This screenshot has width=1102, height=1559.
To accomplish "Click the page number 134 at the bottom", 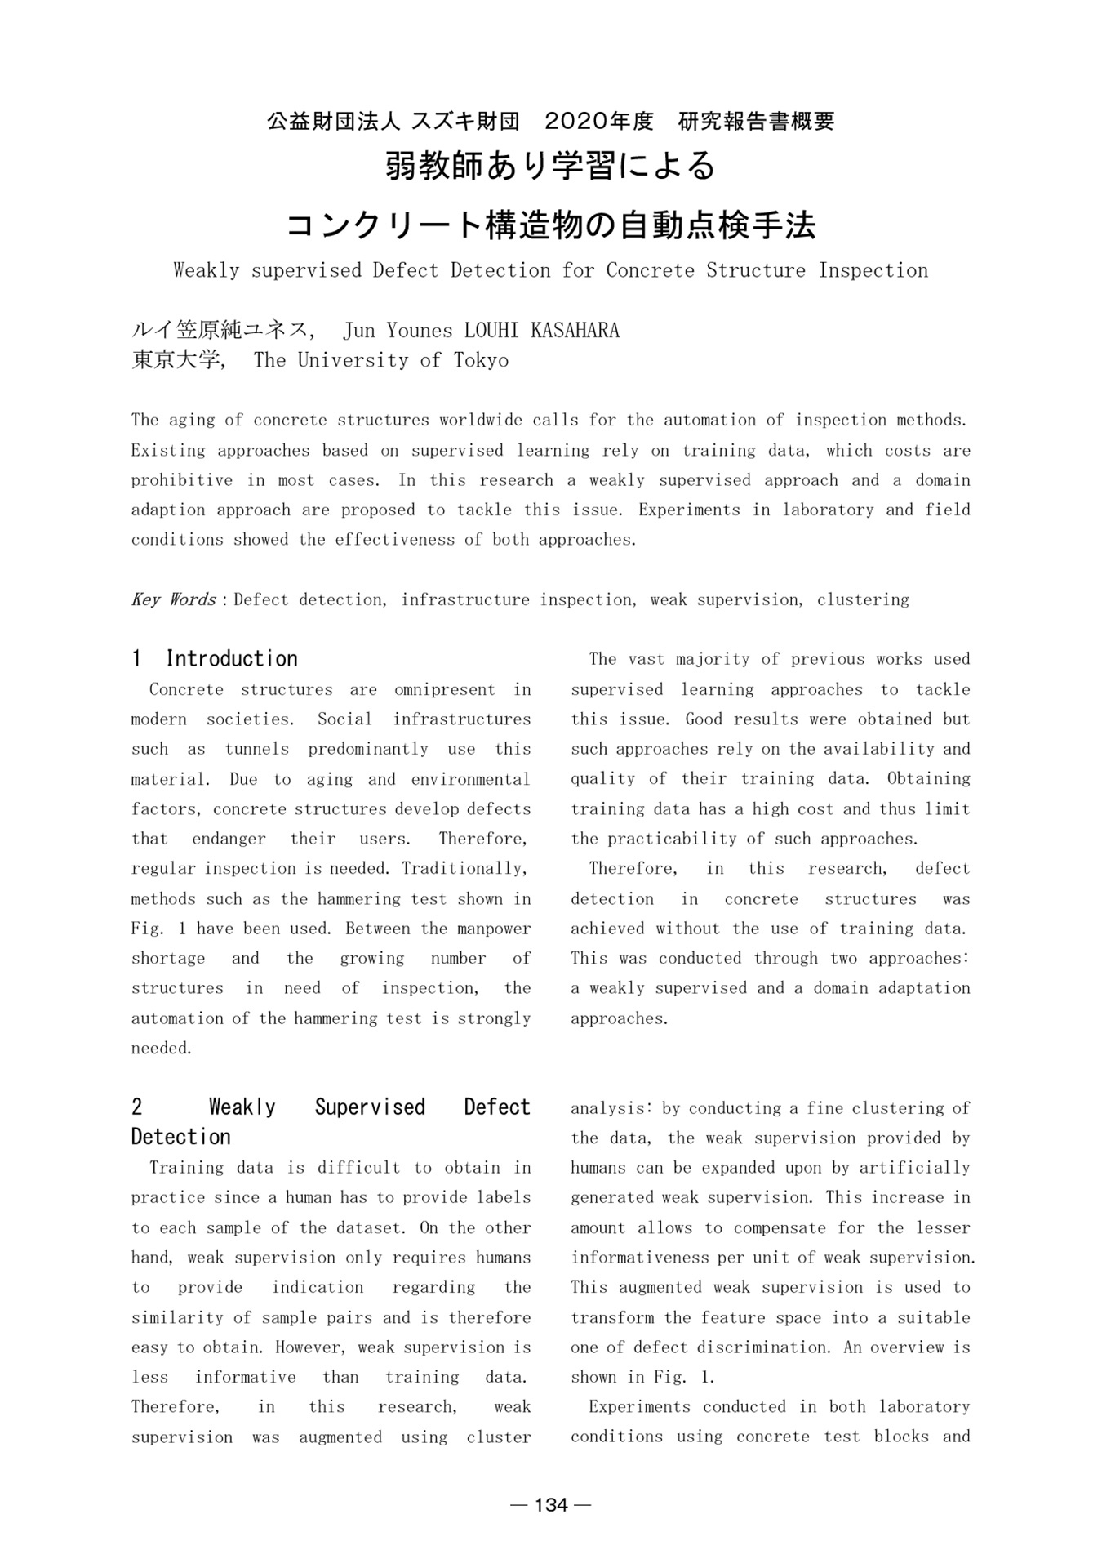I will [x=551, y=1505].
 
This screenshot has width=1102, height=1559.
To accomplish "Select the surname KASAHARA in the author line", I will [x=575, y=331].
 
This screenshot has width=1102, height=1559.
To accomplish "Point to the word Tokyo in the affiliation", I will [x=481, y=361].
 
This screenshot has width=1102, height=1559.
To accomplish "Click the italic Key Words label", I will [x=173, y=600].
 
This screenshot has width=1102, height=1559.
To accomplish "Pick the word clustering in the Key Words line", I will [x=863, y=600].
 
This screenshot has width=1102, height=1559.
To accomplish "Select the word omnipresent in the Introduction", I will [x=444, y=690].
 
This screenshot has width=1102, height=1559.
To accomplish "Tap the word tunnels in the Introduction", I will [x=257, y=750].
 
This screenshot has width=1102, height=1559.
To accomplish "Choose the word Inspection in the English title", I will [x=873, y=271].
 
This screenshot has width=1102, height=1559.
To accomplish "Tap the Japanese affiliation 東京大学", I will [x=176, y=361].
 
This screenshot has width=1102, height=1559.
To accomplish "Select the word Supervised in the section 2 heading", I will [x=370, y=1108].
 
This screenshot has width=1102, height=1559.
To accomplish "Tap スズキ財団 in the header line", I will [x=465, y=122].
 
